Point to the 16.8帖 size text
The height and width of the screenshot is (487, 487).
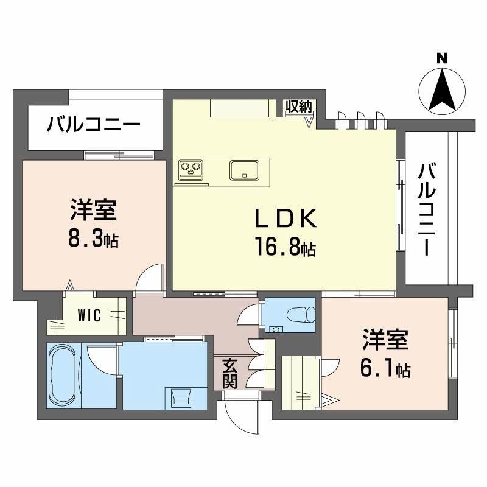[x=285, y=247]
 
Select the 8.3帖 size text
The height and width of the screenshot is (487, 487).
[x=93, y=239]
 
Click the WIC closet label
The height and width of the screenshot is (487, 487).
[x=89, y=315]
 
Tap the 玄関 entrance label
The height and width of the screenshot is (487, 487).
[x=229, y=373]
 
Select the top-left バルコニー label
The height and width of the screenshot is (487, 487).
[x=94, y=127]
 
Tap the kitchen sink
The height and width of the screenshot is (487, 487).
[x=249, y=169]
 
